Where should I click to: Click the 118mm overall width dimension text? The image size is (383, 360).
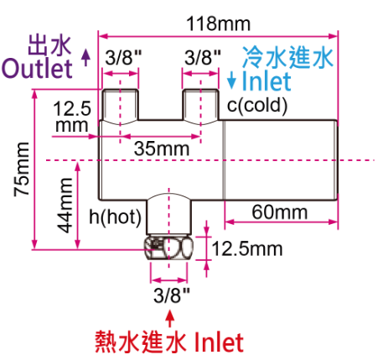click(219, 23)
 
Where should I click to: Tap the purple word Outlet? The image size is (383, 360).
click(37, 68)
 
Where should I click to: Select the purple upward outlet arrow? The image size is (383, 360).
click(86, 57)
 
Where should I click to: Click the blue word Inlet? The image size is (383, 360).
click(267, 81)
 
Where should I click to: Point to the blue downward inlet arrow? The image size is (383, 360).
click(231, 81)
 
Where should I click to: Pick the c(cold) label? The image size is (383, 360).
click(257, 106)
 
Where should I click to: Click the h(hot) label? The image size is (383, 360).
click(115, 217)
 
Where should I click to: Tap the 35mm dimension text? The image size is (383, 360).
click(162, 149)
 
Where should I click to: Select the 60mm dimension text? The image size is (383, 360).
click(280, 212)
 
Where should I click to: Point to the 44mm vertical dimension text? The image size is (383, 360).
click(65, 206)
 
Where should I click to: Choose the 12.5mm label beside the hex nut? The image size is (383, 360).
click(247, 248)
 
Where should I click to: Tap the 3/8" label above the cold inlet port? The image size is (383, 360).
click(203, 58)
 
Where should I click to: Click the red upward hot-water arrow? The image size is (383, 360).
click(169, 318)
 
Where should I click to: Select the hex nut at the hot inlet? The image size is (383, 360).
click(168, 248)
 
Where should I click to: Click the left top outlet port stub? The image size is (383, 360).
click(120, 106)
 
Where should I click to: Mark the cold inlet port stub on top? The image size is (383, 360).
click(200, 106)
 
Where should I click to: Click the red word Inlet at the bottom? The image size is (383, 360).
click(219, 342)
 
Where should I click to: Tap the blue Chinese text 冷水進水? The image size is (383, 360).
click(287, 57)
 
